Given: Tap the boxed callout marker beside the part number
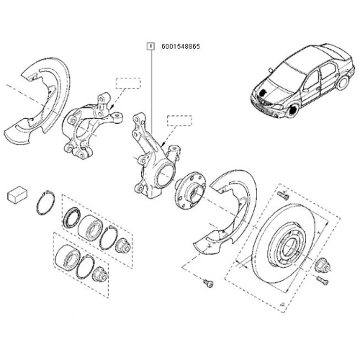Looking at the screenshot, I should coord(150,46).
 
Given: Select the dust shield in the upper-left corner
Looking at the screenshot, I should coord(38,101).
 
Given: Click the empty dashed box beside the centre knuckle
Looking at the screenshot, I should coord(179,120).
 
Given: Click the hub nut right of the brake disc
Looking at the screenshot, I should coord(323,271).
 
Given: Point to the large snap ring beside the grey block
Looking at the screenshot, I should coord(44,201).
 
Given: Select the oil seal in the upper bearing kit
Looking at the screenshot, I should coord(72,217).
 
